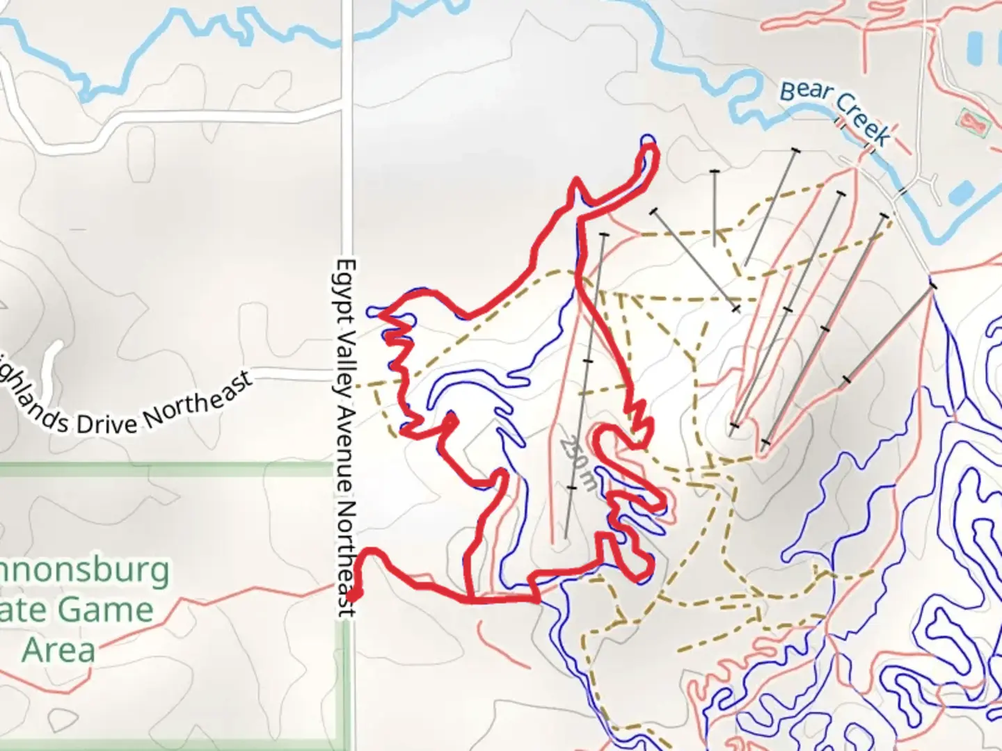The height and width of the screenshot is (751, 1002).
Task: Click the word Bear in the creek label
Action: point(806,93)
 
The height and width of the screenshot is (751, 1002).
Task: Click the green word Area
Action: point(58,651)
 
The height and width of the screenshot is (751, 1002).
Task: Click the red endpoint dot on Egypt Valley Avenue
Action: point(353,595)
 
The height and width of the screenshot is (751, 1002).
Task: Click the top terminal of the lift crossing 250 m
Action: point(603,235)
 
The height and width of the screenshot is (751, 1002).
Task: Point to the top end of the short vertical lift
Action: point(715,171)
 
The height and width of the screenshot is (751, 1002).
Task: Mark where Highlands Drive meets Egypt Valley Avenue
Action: point(346,381)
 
